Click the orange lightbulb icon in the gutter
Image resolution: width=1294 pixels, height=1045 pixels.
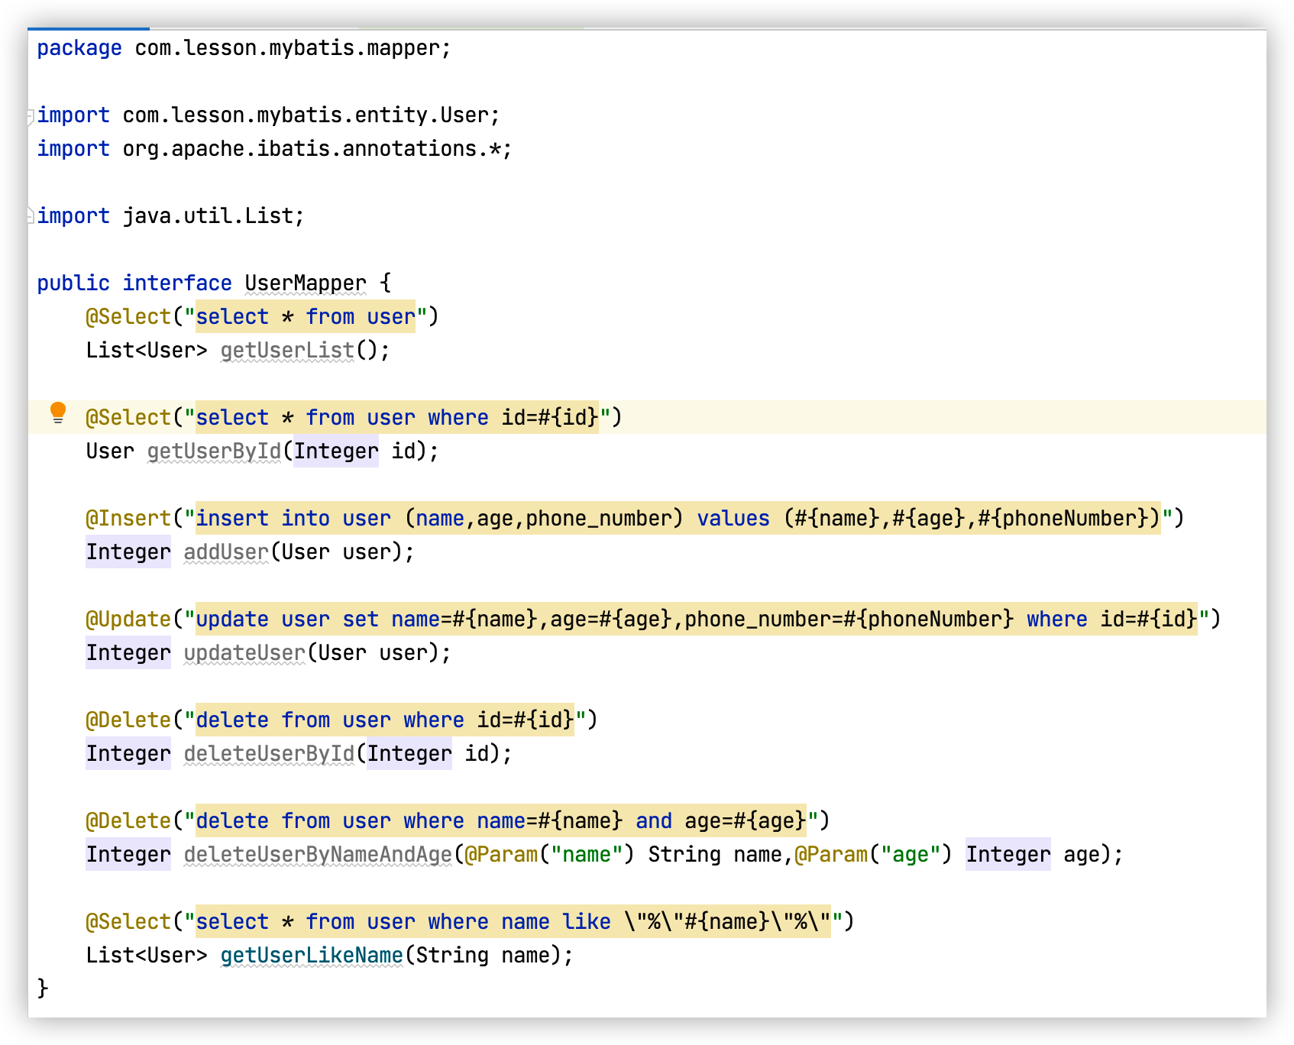pyautogui.click(x=58, y=413)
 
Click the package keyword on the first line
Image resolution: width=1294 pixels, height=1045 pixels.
pyautogui.click(x=79, y=48)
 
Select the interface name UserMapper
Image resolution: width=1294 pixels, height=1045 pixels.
pyautogui.click(x=306, y=283)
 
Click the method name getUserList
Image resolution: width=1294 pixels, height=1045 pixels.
pyautogui.click(x=287, y=351)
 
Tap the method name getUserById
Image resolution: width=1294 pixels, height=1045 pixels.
pyautogui.click(x=214, y=451)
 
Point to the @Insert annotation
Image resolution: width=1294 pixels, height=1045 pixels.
pyautogui.click(x=128, y=519)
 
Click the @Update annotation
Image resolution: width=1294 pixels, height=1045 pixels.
pyautogui.click(x=128, y=620)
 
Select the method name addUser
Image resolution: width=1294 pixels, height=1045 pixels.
pyautogui.click(x=226, y=552)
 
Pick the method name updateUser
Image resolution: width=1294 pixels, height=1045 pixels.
pyautogui.click(x=244, y=653)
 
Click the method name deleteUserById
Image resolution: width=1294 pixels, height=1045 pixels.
pyautogui.click(x=269, y=754)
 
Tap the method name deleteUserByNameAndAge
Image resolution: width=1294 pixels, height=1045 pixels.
pyautogui.click(x=318, y=855)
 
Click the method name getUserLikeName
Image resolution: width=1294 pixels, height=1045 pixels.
pyautogui.click(x=312, y=956)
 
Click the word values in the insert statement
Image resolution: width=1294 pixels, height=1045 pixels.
pyautogui.click(x=733, y=519)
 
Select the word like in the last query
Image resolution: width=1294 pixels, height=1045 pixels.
pyautogui.click(x=587, y=922)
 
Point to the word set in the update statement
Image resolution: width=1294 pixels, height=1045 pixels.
pyautogui.click(x=361, y=620)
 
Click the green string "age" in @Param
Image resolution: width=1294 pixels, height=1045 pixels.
pyautogui.click(x=911, y=855)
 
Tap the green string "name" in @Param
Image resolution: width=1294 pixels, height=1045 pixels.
pyautogui.click(x=587, y=855)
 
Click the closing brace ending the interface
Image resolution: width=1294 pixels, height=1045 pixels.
pyautogui.click(x=43, y=988)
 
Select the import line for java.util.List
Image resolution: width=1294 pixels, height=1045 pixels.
pyautogui.click(x=171, y=216)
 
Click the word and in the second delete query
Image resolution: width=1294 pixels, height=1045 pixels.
pyautogui.click(x=654, y=821)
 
